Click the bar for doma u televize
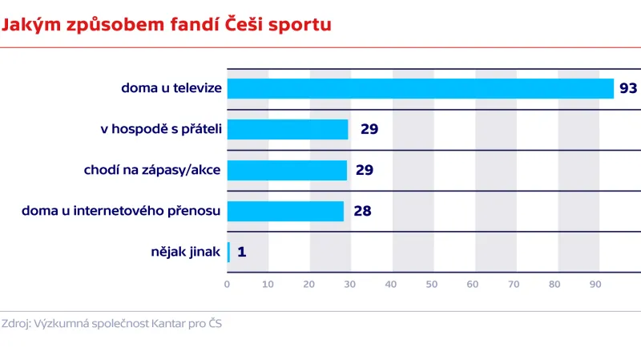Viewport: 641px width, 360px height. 420,88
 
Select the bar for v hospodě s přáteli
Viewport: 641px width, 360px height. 288,129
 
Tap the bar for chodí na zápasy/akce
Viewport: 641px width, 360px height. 287,170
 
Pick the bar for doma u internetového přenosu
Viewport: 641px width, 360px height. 285,211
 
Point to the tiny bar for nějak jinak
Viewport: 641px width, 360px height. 228,252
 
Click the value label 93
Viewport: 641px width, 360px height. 627,88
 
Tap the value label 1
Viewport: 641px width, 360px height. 241,253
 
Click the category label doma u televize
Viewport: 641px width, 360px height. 171,88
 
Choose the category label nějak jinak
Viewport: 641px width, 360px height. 185,252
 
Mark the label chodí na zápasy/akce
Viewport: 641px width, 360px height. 152,170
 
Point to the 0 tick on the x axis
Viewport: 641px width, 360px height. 228,284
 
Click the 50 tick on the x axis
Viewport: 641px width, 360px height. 432,284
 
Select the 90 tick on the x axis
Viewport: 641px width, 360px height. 595,284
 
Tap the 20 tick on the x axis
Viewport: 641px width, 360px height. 309,284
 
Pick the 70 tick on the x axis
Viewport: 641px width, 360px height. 514,284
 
